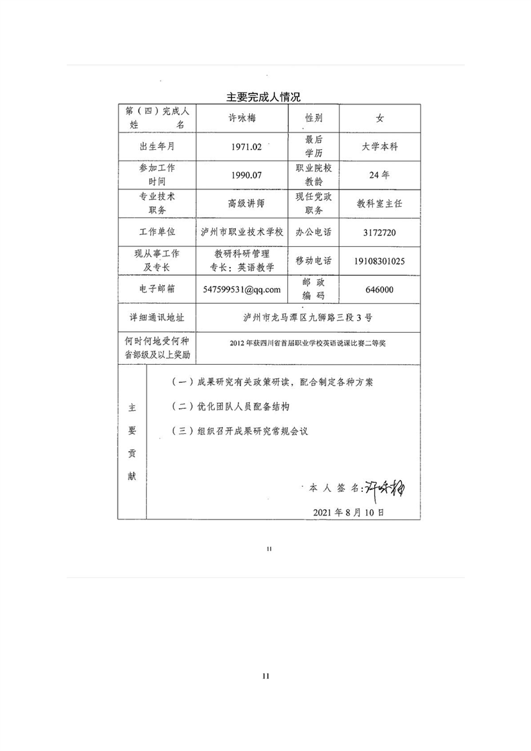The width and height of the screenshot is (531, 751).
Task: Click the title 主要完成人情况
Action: pos(262,97)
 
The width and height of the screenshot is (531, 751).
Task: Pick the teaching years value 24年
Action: pos(379,175)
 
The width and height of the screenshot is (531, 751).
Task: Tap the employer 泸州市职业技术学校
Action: pos(242,232)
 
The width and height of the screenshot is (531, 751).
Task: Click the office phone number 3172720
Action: pos(379,232)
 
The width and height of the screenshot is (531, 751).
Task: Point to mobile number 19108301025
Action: pos(379,261)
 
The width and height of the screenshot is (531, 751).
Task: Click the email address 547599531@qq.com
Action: pos(242,289)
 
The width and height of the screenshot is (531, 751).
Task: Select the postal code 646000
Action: pos(380,289)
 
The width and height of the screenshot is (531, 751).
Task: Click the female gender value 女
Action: pos(380,118)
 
